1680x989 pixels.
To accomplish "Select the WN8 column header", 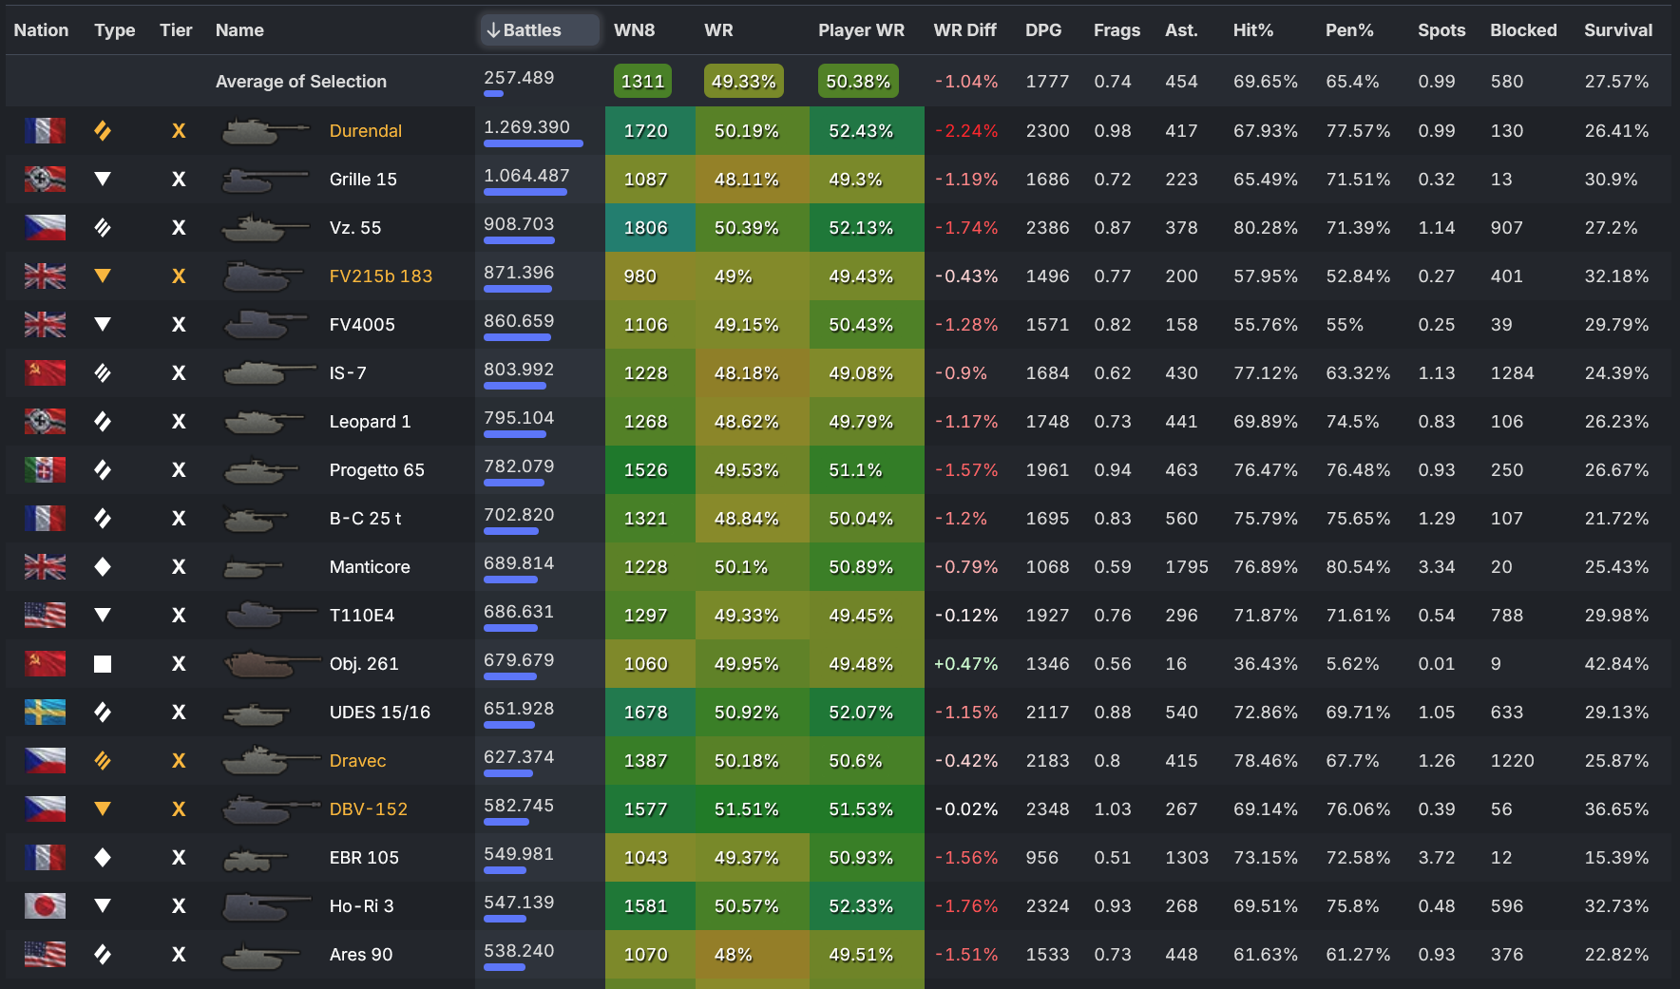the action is coord(634,30).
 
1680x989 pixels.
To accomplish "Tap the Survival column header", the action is coord(1618,30).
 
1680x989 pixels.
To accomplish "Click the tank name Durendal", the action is coord(366,131).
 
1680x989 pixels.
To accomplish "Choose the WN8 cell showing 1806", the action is coord(646,228).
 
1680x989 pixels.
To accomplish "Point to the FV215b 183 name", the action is coord(381,276).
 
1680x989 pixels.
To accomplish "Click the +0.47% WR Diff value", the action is coord(965,664).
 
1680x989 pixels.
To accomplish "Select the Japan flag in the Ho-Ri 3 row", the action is coord(45,906).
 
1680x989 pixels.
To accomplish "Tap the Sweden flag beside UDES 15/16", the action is coord(45,713).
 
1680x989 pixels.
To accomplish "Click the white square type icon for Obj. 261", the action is coord(103,664).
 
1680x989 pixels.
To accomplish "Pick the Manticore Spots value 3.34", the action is coord(1437,567).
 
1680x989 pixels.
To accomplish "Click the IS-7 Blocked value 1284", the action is coord(1512,373).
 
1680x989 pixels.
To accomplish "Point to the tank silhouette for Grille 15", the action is coord(264,180).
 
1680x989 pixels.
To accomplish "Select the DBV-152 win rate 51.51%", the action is coord(746,809).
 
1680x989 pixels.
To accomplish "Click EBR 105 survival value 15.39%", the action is coord(1616,858).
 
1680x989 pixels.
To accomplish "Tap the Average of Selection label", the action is coord(301,82).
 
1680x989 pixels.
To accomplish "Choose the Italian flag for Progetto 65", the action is coord(45,470).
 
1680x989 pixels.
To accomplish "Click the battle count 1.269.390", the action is coord(526,127).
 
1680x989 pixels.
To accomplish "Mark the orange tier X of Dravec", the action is coord(179,761).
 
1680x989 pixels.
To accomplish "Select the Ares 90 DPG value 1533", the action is coord(1047,955).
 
